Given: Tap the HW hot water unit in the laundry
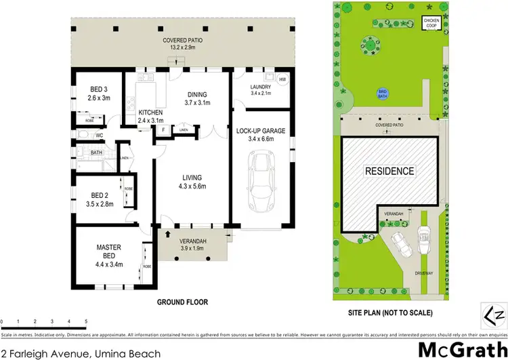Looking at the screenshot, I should click(x=282, y=79).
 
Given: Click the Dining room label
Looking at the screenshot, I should click(x=198, y=94).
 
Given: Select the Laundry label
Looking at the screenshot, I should click(x=260, y=87).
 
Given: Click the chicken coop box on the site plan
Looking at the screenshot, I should click(x=431, y=22).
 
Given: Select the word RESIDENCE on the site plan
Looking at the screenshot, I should click(x=389, y=171).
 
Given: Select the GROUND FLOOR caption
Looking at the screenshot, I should click(x=182, y=302).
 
